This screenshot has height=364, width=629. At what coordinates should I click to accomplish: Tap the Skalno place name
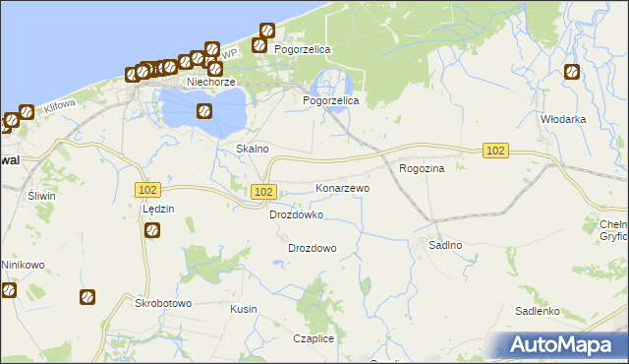coord(253,149)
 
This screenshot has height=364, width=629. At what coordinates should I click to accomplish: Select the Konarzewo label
coord(342,187)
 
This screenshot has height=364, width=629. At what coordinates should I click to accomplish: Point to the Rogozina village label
coord(423,168)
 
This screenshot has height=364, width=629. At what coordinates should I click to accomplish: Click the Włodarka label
coord(563,118)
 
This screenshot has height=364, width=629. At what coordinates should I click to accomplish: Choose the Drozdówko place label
coord(296,213)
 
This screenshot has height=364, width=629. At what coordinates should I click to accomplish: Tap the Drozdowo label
coord(313,248)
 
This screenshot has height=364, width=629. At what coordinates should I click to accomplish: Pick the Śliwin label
coord(41,196)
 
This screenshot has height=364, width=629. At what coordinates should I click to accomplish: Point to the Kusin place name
coord(243,309)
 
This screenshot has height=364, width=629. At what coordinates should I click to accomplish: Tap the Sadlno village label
coord(445,244)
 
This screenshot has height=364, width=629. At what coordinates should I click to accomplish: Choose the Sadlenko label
coord(538,311)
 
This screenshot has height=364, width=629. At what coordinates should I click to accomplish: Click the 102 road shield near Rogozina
coord(496,150)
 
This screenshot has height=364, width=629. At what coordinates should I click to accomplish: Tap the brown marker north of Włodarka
coord(572,72)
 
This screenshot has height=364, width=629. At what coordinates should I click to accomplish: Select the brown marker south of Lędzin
coord(153,231)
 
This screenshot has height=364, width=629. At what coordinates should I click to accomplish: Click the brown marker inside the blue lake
coord(203,111)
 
